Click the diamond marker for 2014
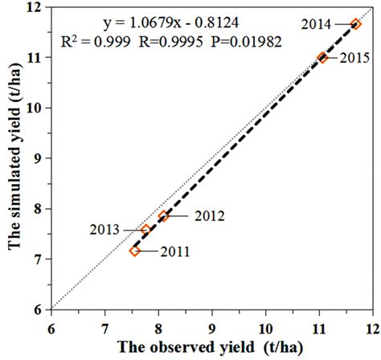[x=356, y=24]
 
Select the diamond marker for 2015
[x=323, y=57]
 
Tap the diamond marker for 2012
[x=163, y=215]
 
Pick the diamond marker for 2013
[x=146, y=230]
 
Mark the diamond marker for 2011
[x=134, y=251]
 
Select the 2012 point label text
[x=208, y=215]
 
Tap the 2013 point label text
[x=104, y=230]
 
